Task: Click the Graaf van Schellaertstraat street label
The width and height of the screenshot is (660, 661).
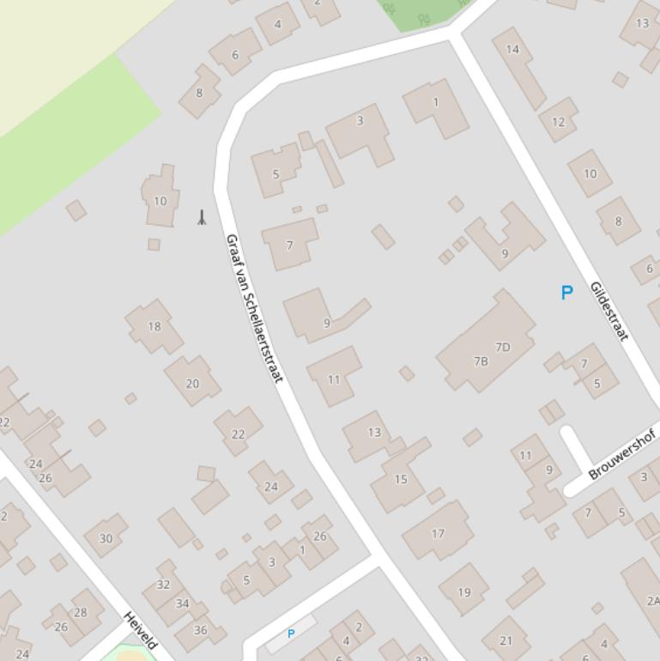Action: coord(253,308)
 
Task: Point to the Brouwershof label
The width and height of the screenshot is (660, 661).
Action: coord(623,455)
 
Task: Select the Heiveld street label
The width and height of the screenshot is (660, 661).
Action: coord(141,630)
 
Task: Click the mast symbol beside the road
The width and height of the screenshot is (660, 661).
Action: coord(202,217)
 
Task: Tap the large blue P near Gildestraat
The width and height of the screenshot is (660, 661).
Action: coord(566,293)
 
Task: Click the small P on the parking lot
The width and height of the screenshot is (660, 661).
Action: coord(291,634)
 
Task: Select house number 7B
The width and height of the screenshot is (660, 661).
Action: coord(481,361)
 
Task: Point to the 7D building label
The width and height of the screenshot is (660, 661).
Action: coord(503,347)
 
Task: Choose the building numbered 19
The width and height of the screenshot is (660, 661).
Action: coord(464,591)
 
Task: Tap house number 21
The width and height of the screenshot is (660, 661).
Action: coord(506,640)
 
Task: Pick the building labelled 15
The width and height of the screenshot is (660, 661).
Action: coord(401,479)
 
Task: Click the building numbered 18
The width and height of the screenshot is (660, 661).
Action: coord(154,326)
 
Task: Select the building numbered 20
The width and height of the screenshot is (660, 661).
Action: coord(192,384)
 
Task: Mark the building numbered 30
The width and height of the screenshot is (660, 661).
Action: coord(106,538)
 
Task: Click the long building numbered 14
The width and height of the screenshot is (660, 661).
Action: coord(513,50)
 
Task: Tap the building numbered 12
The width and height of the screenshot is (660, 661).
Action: coord(559,121)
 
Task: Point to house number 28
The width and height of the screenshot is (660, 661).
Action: coord(81,612)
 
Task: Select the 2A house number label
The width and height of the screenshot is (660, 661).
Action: coord(653,601)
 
